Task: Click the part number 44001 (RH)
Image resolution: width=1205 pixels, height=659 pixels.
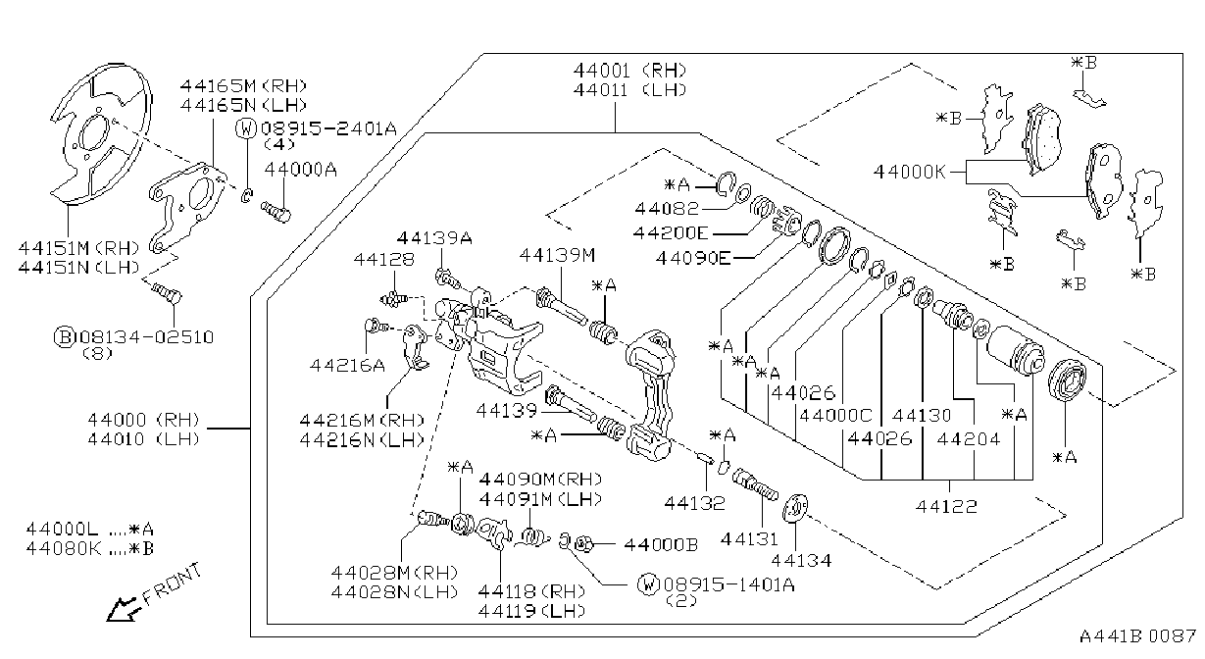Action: [x=629, y=71]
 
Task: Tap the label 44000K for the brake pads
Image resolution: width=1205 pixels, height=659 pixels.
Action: [x=909, y=173]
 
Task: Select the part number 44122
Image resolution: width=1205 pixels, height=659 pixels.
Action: [x=946, y=506]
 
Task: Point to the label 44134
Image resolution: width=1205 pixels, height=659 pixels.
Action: [x=801, y=561]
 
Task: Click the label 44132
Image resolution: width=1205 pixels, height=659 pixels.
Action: [x=694, y=503]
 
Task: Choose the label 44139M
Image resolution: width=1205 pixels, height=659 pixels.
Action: [x=557, y=255]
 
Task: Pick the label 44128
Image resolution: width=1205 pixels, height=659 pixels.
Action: [x=383, y=259]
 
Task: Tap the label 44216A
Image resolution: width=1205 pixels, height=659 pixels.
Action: [x=347, y=366]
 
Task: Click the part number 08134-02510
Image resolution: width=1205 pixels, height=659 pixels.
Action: [x=146, y=337]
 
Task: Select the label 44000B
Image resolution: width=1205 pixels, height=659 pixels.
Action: [x=661, y=545]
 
